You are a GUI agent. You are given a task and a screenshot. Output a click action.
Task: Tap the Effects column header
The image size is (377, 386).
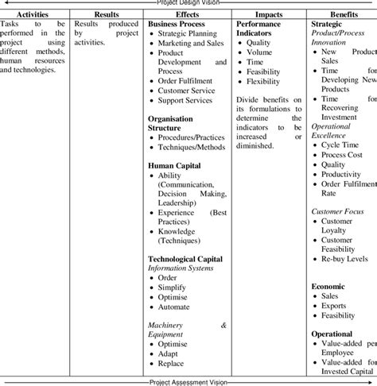[x=187, y=14]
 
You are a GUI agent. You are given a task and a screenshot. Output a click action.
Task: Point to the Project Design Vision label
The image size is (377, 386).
[x=188, y=3]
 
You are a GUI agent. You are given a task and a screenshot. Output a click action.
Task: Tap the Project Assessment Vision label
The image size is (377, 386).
[x=188, y=382]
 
